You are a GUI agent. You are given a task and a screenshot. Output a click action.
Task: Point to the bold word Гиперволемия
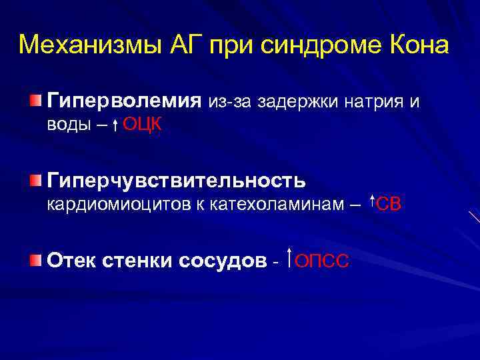point(124,101)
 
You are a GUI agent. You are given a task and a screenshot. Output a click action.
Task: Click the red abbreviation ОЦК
point(142,125)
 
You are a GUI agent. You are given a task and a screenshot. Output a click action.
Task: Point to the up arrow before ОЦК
point(115,125)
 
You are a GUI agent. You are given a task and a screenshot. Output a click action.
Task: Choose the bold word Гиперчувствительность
point(177,180)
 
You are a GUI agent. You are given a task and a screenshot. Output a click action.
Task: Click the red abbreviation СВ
point(389,204)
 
